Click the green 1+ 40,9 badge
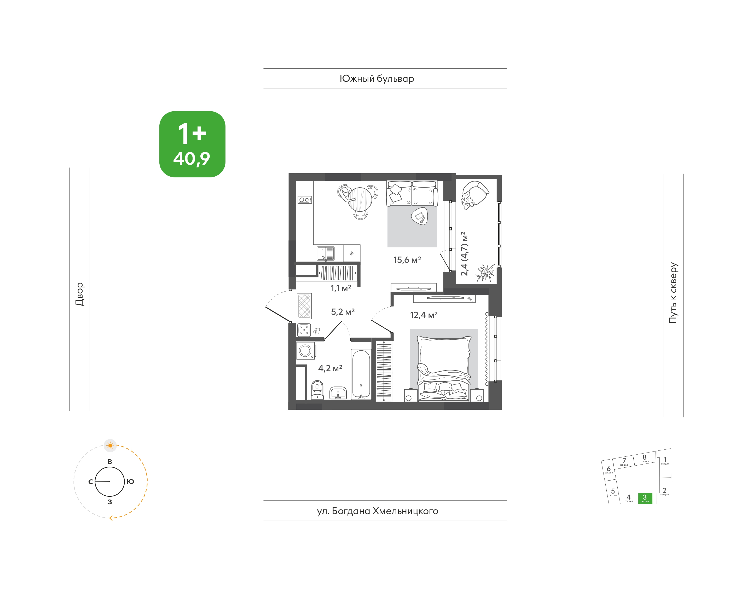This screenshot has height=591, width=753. point(192,144)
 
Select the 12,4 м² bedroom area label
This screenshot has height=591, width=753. point(424,315)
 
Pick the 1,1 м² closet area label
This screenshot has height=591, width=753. point(341,288)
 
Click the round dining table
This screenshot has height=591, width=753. point(360,199)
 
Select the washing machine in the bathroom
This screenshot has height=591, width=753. point(305,351)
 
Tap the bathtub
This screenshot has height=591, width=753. point(361,374)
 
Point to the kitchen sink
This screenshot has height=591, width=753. point(326,253)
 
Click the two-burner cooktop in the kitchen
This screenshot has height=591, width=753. point(305,200)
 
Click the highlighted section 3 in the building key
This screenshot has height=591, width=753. point(645,498)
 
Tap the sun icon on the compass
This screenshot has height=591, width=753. point(110,445)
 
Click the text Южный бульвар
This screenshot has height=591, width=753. point(377,79)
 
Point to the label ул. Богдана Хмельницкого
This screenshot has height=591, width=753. point(378,511)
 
